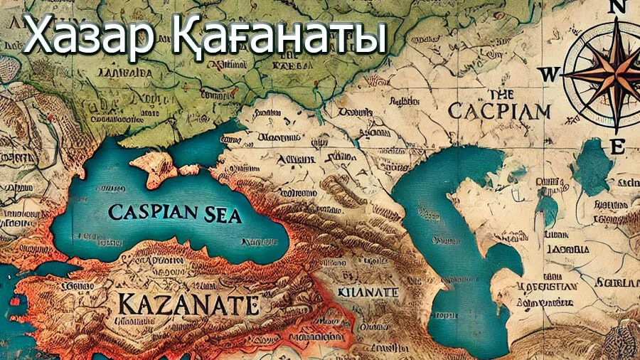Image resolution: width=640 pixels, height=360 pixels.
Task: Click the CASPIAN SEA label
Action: point(175,213)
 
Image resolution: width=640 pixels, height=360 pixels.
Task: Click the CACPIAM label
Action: point(501,111)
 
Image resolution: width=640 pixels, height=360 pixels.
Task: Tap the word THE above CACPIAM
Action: point(501,94)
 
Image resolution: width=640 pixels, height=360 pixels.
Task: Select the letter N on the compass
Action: point(613,9)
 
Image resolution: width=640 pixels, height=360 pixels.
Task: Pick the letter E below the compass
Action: point(618,147)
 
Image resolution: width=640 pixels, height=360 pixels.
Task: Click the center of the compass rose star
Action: point(612,73)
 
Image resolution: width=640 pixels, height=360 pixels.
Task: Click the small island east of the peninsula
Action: point(189,169)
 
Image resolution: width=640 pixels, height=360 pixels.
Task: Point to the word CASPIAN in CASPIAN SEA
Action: point(150,213)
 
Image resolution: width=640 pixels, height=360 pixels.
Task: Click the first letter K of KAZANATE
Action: point(122,305)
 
